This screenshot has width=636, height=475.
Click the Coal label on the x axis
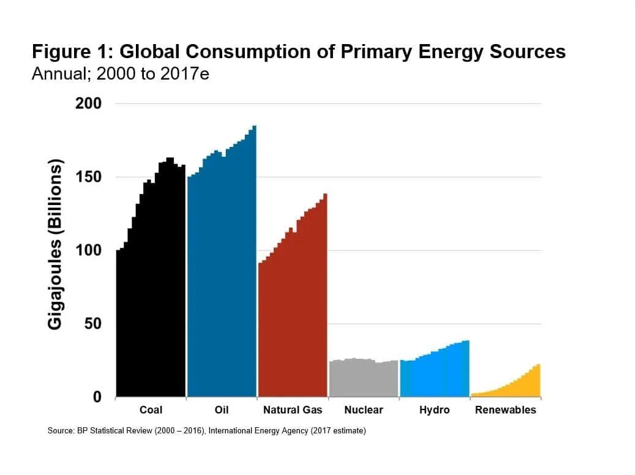pos(151,410)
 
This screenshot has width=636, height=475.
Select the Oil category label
pos(222,410)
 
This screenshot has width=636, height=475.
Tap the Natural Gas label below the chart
pos(292,410)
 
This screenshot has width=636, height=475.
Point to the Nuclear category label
pos(363,410)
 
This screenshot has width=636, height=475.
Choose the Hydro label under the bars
pos(434,410)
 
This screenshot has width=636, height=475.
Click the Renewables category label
pos(505,410)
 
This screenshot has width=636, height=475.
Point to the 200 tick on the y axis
pos(88,103)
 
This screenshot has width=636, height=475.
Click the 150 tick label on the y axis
pos(88,177)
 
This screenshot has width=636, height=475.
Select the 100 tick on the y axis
pos(88,250)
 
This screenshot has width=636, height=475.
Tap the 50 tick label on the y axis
pos(92,324)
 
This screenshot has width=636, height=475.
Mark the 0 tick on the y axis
pos(97,397)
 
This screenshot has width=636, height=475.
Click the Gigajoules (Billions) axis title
pos(56,245)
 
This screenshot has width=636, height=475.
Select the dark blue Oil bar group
pos(222,275)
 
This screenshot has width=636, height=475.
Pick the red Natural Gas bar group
pos(292,318)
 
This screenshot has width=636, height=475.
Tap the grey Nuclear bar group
pos(363,380)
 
